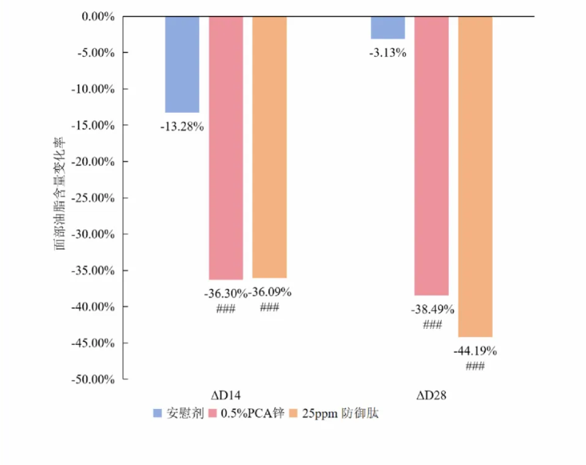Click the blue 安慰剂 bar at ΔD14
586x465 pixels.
(182, 64)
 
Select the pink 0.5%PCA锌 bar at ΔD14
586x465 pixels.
(226, 148)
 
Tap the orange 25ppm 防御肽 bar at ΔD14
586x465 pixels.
(269, 147)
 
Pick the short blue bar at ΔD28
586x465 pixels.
(388, 27)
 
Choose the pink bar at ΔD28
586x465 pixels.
(431, 155)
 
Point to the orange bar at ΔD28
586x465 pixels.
(475, 176)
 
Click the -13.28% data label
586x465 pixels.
(182, 127)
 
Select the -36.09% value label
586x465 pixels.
(270, 293)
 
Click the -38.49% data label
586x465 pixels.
(432, 309)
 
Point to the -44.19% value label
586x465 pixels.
(475, 351)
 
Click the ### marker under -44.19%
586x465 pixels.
(475, 366)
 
